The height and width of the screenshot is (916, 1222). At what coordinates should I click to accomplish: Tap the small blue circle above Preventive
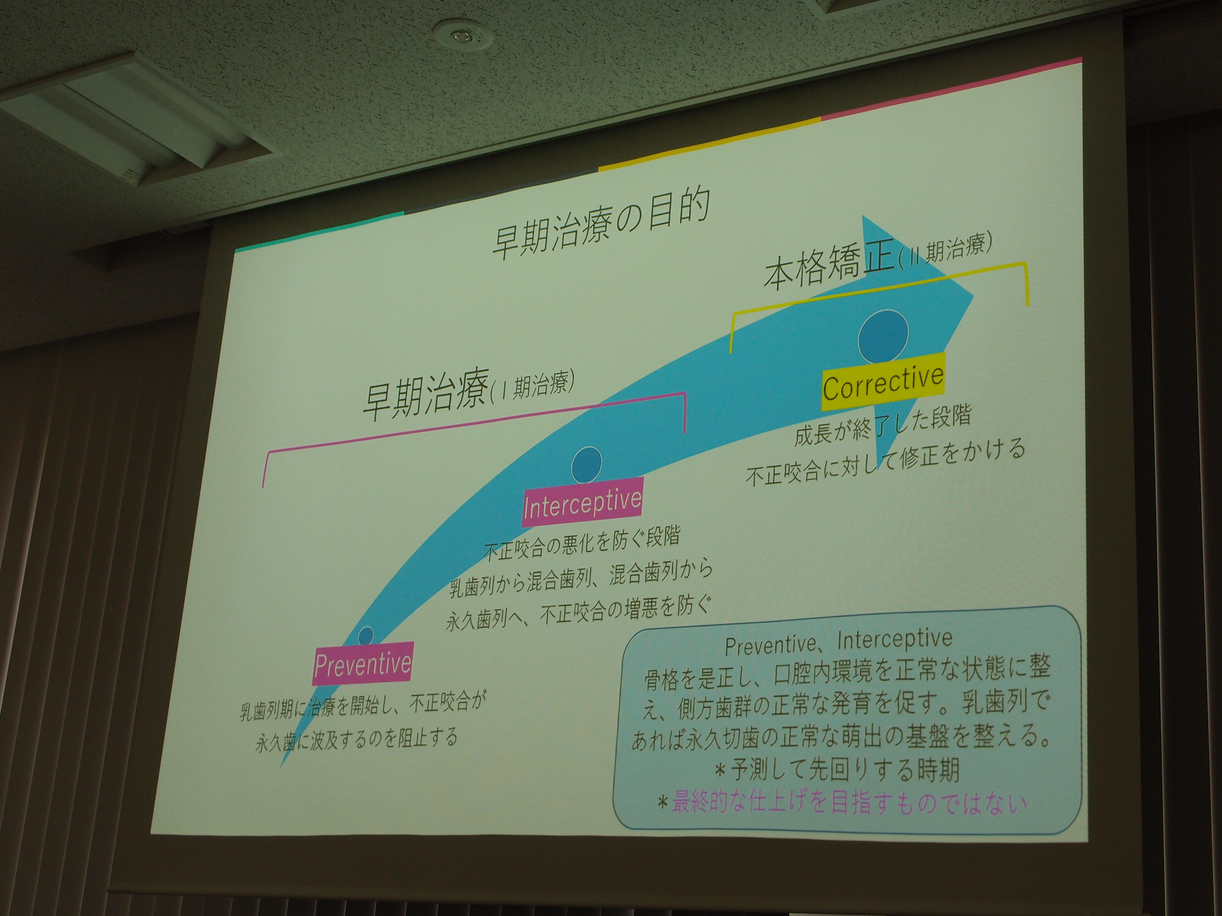coord(366,635)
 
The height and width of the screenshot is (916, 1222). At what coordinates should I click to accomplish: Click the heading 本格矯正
coord(829,270)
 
